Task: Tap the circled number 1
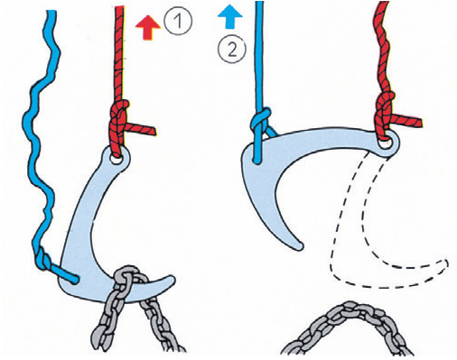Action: click(178, 22)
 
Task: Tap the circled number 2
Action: click(232, 49)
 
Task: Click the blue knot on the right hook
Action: click(260, 120)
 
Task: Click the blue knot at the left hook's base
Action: click(42, 258)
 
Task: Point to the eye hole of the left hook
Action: click(115, 159)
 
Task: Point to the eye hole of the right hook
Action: click(385, 143)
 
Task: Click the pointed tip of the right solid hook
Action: click(299, 245)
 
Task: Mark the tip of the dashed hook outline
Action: click(445, 264)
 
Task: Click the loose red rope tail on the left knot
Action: click(142, 129)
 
